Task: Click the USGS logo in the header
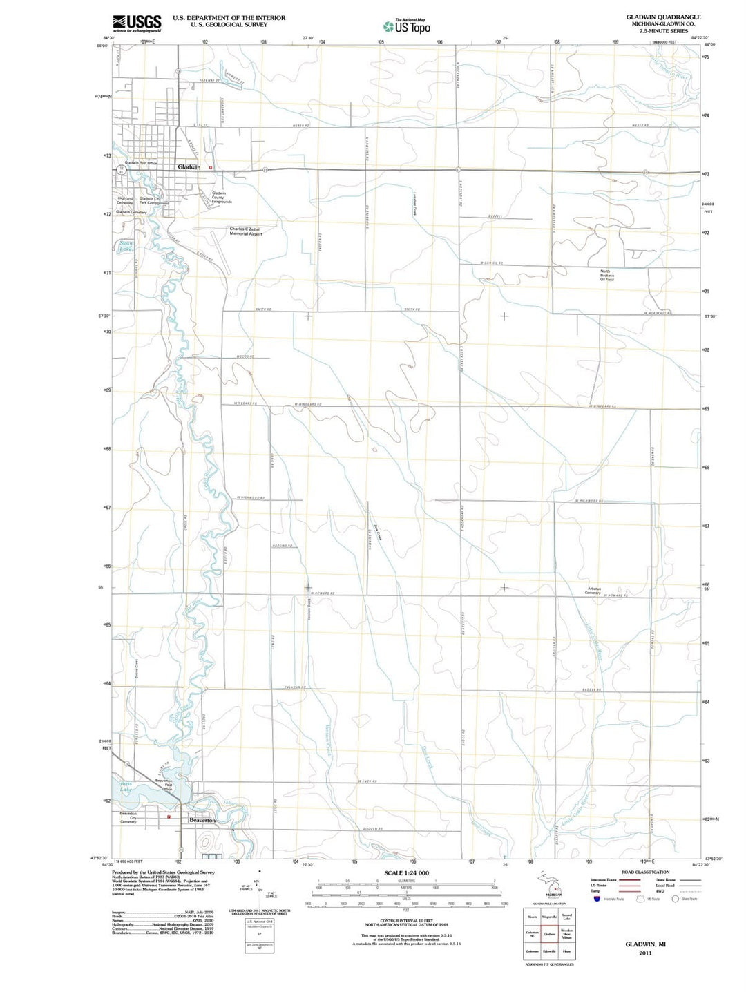(x=137, y=23)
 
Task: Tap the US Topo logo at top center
(x=407, y=26)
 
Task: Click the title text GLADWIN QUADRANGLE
(x=663, y=17)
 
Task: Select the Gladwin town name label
(x=189, y=167)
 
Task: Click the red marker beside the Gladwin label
(x=211, y=167)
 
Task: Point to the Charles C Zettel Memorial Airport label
(x=246, y=231)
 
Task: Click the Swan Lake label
(x=126, y=246)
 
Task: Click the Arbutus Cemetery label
(x=593, y=591)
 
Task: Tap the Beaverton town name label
(x=202, y=820)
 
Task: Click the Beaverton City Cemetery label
(x=128, y=818)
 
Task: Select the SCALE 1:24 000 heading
(x=406, y=873)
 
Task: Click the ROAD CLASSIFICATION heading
(x=645, y=872)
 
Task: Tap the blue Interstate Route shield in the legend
(x=596, y=899)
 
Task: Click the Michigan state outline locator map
(x=549, y=883)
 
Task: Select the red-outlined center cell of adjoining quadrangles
(x=549, y=934)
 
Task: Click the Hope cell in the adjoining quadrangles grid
(x=566, y=951)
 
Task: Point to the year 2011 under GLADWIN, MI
(x=645, y=953)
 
